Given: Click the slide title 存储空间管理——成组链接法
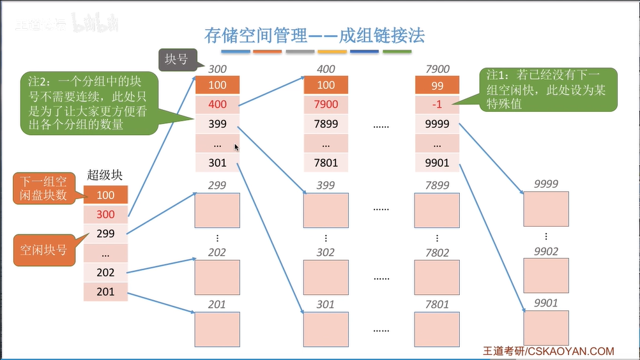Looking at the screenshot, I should [314, 36].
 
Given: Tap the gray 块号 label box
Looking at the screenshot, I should [176, 59].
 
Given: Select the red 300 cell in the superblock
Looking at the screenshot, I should [105, 214].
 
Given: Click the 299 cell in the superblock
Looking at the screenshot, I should [105, 234].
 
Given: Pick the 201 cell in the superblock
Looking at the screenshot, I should [105, 292].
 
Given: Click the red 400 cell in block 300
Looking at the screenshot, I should [217, 104].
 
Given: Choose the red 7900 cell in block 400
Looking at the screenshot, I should [326, 104].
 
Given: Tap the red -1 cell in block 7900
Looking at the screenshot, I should [437, 104].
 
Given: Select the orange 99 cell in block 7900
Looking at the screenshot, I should [437, 85].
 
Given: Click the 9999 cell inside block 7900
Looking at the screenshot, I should [437, 124].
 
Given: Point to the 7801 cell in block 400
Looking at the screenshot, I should [326, 163].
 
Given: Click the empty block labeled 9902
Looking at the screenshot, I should [545, 275].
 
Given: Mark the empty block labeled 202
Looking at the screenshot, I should [217, 277].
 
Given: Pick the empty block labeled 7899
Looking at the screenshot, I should [437, 211].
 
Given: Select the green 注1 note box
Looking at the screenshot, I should [548, 90].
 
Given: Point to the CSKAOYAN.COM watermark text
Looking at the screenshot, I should [571, 351].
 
